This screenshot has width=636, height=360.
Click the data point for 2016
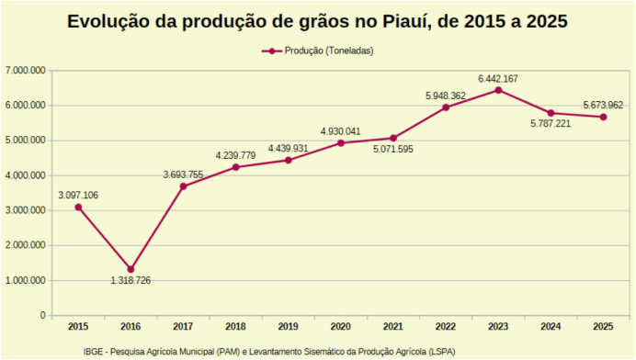pyautogui.click(x=131, y=269)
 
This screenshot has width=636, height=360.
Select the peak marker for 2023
pyautogui.click(x=498, y=90)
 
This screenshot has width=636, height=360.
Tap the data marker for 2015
pyautogui.click(x=78, y=207)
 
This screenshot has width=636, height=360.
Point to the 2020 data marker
pyautogui.click(x=341, y=142)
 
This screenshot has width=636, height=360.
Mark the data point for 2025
pyautogui.click(x=603, y=117)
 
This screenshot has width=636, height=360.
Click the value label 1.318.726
pyautogui.click(x=131, y=280)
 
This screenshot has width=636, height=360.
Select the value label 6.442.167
pyautogui.click(x=497, y=77)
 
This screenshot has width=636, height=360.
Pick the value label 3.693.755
pyautogui.click(x=183, y=174)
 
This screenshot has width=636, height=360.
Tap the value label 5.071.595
pyautogui.click(x=393, y=150)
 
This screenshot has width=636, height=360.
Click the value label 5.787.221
pyautogui.click(x=551, y=124)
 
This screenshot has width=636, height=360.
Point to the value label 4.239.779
pyautogui.click(x=235, y=155)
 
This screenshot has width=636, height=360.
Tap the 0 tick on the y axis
pyautogui.click(x=42, y=315)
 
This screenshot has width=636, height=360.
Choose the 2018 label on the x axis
pyautogui.click(x=235, y=327)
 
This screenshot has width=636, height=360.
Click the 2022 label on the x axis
pyautogui.click(x=446, y=327)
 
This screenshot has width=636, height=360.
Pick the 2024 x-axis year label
pyautogui.click(x=551, y=327)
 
